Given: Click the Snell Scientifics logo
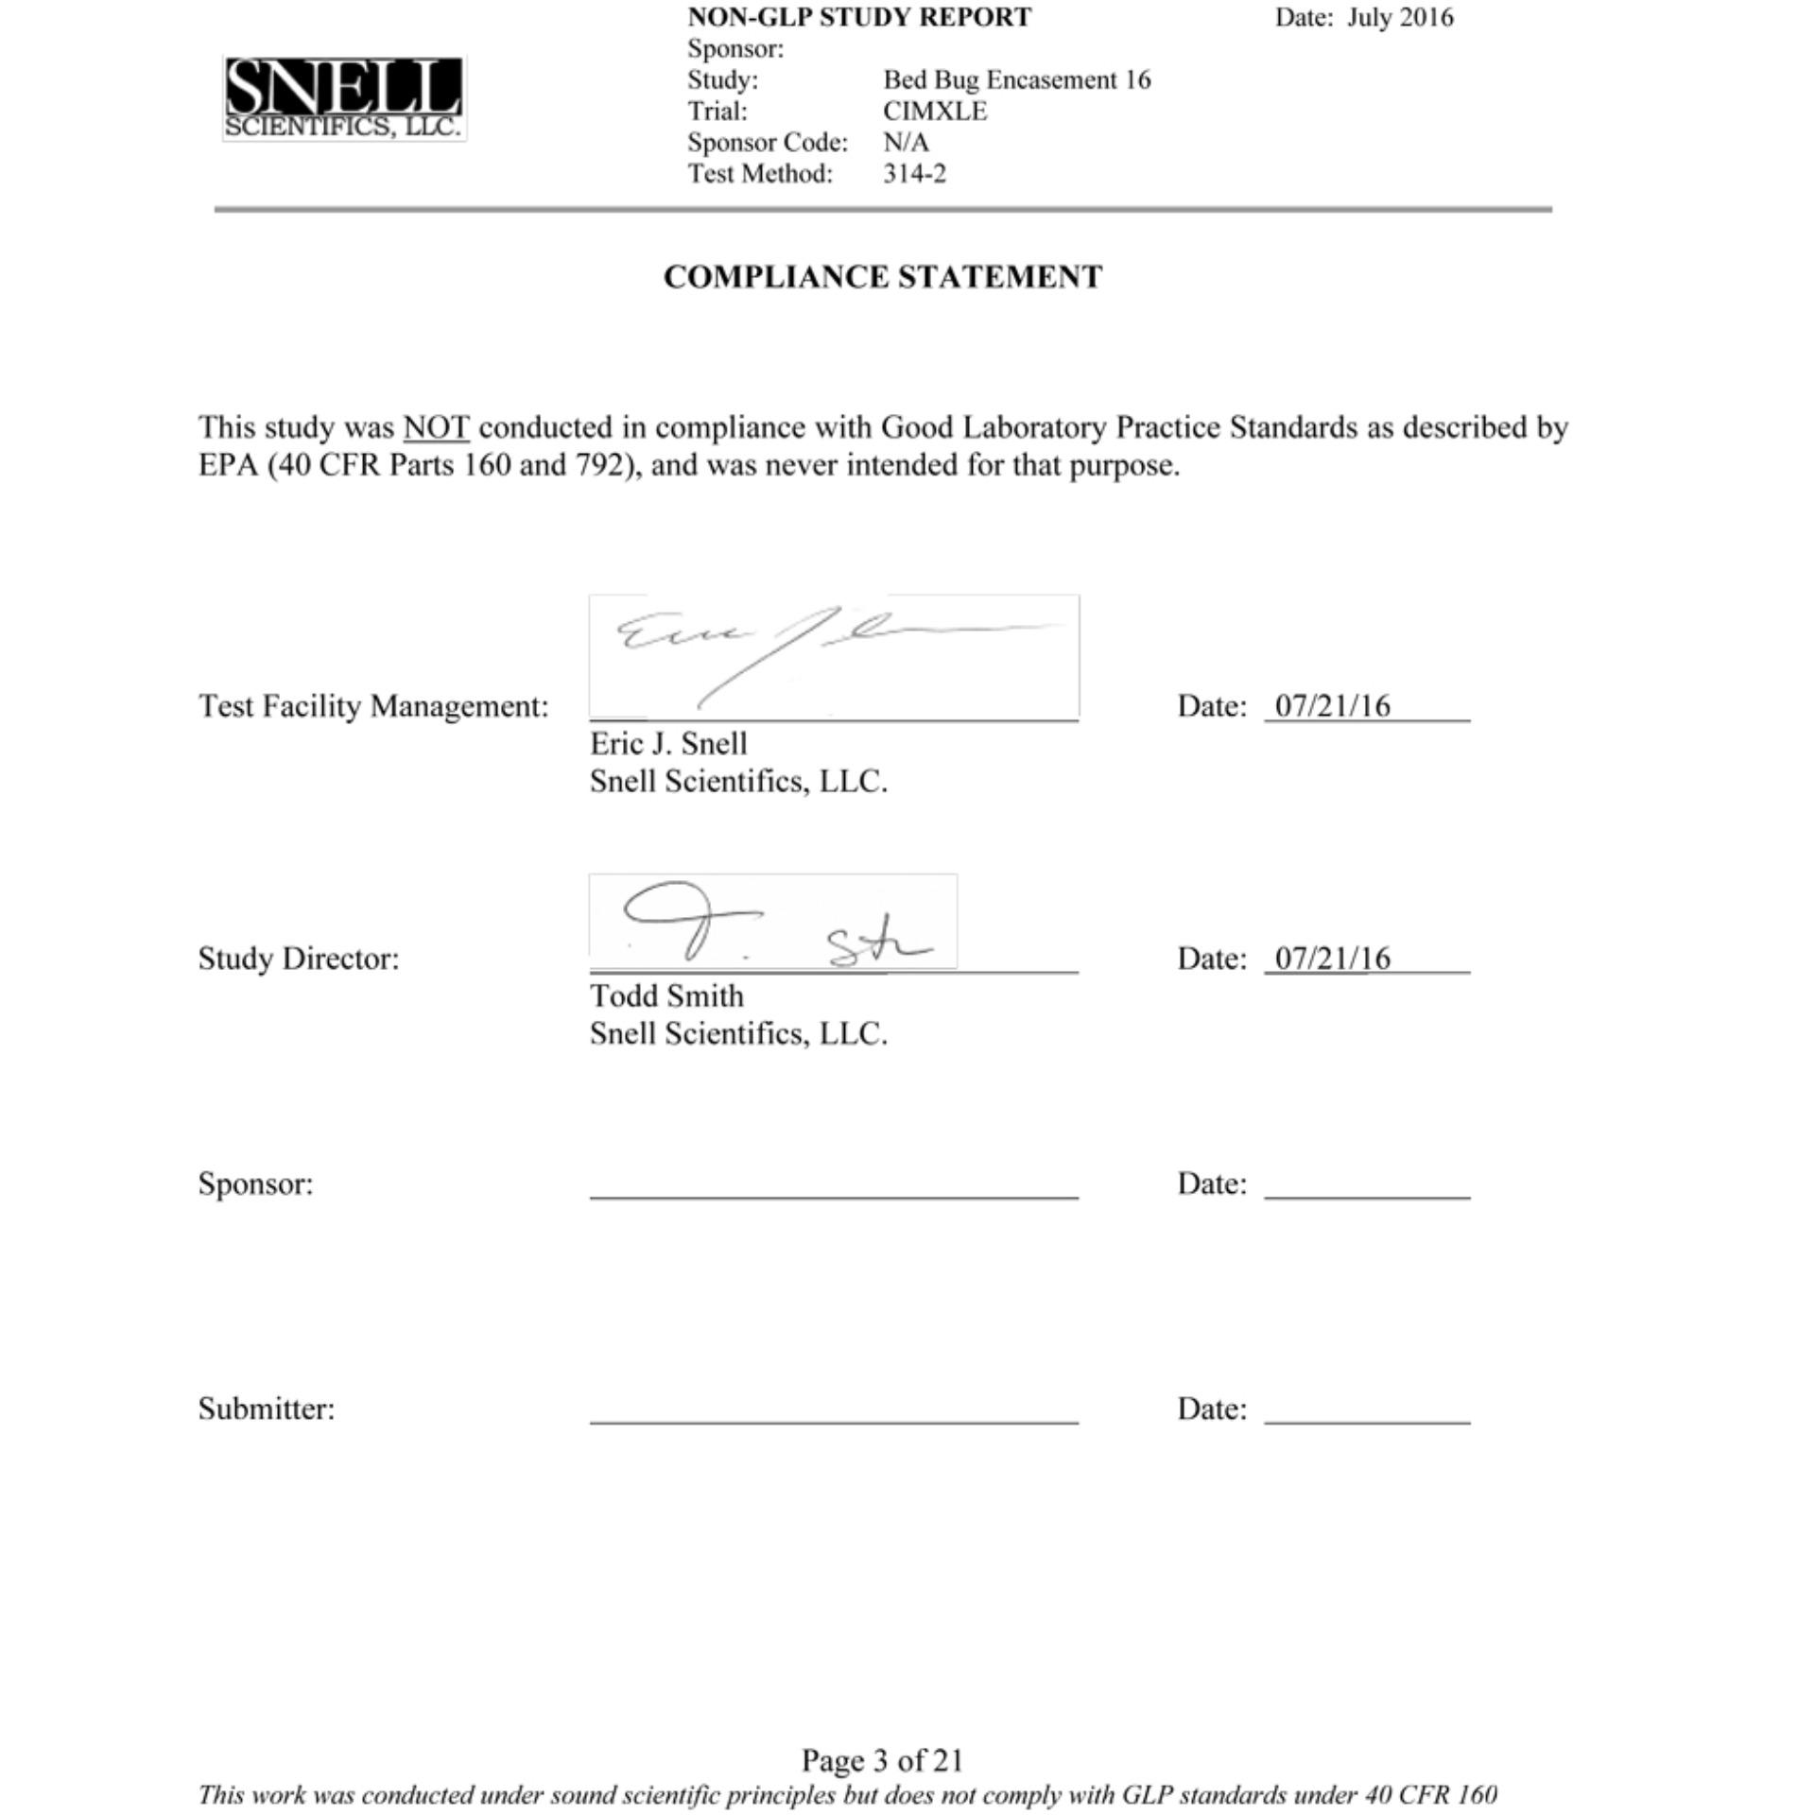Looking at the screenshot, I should [x=344, y=98].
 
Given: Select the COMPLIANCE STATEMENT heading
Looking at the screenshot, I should [x=882, y=277].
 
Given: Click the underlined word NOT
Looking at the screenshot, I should [x=436, y=428].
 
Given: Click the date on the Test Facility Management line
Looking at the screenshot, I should [x=1332, y=706].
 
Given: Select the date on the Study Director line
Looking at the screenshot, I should [x=1332, y=959].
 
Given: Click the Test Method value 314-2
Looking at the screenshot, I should [x=914, y=174].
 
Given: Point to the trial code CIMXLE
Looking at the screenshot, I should [x=935, y=112].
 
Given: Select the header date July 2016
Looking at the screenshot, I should [x=1400, y=18].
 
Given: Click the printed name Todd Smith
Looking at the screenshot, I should [x=666, y=996].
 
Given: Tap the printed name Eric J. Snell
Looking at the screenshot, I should [x=668, y=744].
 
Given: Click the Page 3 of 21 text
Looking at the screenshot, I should [x=882, y=1760].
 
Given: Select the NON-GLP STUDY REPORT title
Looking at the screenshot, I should [x=859, y=18].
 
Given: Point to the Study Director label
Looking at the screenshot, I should [x=299, y=959].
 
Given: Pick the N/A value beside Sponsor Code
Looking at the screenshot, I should [x=906, y=143].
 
